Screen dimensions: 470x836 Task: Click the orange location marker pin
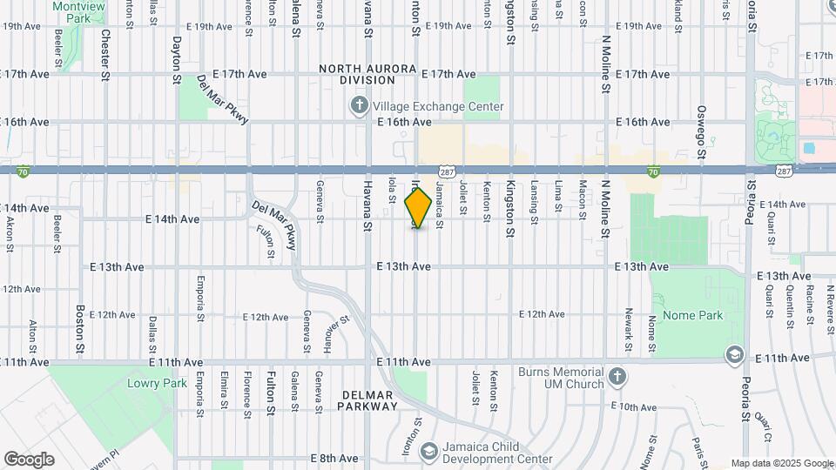pos(419,207)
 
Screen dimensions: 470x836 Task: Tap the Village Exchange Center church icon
pos(359,106)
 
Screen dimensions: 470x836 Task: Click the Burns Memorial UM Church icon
pos(617,377)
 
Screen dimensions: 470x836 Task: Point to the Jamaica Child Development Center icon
pos(428,451)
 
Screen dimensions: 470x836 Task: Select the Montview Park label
pos(78,11)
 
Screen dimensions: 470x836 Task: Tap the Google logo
pos(29,459)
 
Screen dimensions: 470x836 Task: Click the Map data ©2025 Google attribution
pos(782,463)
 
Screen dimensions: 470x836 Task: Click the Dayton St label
pos(176,59)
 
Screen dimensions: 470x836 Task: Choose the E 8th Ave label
pos(334,458)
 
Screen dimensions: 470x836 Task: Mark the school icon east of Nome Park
pos(735,355)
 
